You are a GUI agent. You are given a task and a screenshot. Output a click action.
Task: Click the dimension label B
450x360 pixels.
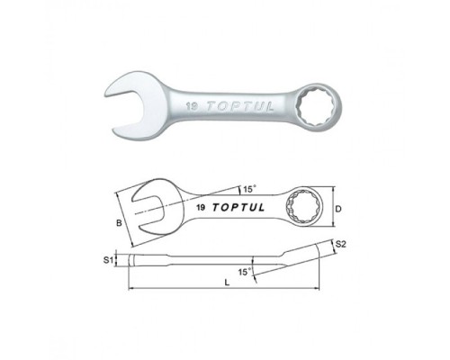119,223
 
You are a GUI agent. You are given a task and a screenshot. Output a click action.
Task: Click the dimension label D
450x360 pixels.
338,209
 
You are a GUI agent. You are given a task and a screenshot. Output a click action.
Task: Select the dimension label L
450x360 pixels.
227,283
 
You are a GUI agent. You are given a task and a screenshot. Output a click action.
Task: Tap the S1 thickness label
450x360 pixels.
108,260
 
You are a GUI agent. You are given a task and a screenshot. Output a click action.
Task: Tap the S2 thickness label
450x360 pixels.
341,244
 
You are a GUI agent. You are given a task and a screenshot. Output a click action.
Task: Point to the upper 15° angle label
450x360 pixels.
249,189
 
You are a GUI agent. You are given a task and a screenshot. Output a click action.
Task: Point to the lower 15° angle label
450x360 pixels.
245,272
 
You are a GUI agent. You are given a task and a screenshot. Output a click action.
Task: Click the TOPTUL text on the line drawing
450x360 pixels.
238,207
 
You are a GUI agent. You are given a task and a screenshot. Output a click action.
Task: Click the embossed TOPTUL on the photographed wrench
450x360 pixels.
240,106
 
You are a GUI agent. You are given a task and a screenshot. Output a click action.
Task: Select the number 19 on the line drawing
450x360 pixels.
201,207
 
